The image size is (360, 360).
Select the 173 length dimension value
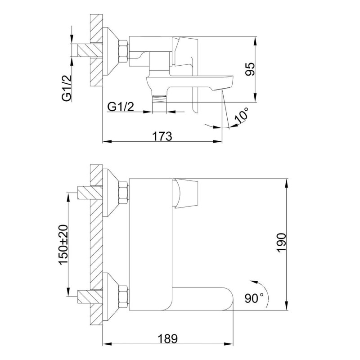(x=162, y=137)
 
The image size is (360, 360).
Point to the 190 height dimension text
(x=282, y=243)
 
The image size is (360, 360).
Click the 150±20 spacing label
(x=64, y=245)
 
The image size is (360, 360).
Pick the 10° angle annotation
(x=242, y=115)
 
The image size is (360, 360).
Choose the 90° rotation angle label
(x=254, y=298)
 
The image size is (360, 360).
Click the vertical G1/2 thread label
(x=67, y=88)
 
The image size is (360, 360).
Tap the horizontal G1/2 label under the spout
(x=121, y=107)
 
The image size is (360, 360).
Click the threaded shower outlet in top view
(x=159, y=99)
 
